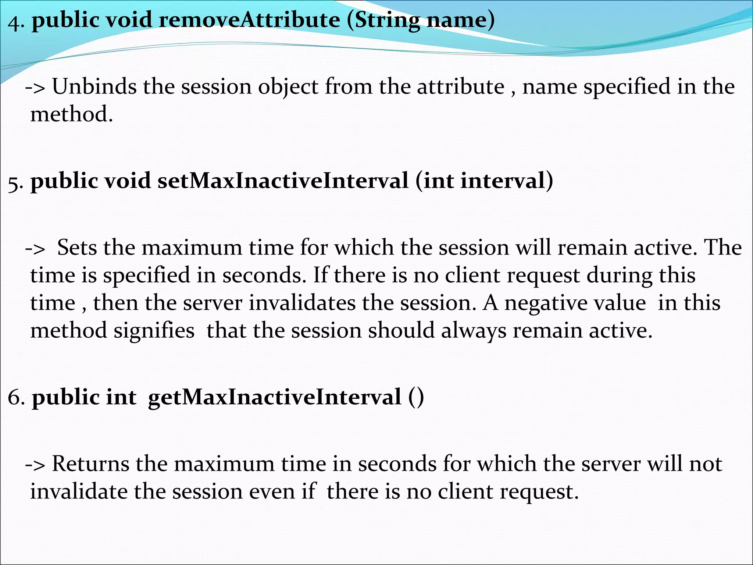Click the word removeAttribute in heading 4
click(249, 20)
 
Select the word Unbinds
click(94, 87)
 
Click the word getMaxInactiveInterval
click(274, 398)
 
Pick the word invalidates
click(302, 303)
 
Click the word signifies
click(154, 331)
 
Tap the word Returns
click(90, 463)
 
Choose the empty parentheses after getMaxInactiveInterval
click(416, 398)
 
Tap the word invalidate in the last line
click(78, 491)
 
